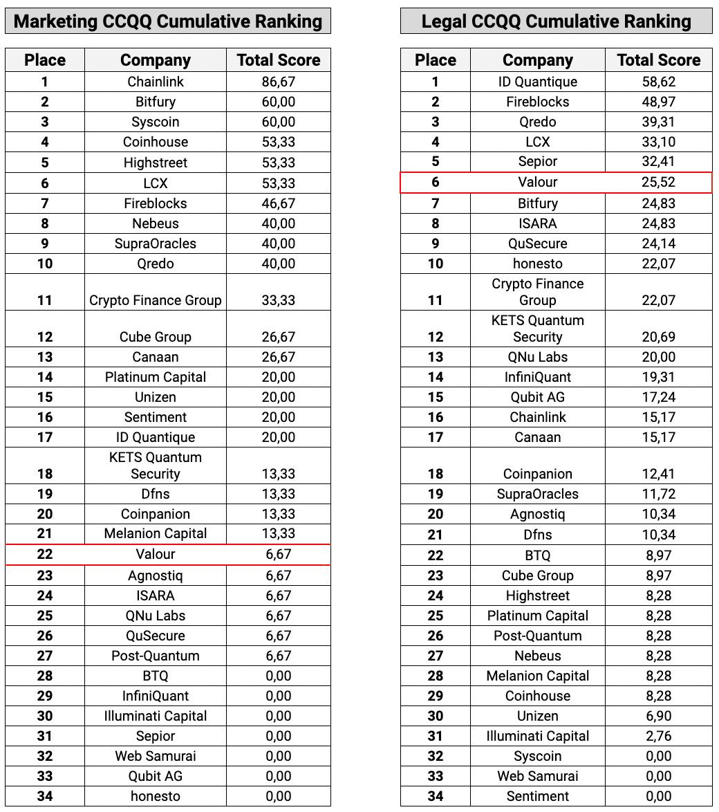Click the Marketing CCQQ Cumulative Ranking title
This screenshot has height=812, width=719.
click(x=168, y=21)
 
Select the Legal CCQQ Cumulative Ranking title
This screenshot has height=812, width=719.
click(x=556, y=21)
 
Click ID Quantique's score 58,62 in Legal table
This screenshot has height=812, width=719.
click(x=658, y=82)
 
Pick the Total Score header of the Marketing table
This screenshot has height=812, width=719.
click(x=279, y=60)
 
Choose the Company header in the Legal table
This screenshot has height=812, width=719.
click(x=537, y=60)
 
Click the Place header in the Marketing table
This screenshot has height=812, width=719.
click(x=45, y=60)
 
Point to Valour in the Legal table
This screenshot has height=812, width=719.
click(x=537, y=183)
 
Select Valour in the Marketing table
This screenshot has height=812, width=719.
click(x=156, y=555)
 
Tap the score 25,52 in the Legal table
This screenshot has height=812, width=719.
click(x=658, y=183)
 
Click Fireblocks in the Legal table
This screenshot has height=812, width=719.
click(x=537, y=102)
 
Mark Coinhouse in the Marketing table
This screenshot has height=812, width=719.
click(x=156, y=142)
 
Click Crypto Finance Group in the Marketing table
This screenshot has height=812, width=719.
click(x=156, y=300)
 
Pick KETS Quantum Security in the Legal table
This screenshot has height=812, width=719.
click(x=537, y=329)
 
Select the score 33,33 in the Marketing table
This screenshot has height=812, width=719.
click(x=279, y=300)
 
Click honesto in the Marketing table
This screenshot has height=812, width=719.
click(x=156, y=796)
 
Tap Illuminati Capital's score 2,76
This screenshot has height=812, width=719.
click(x=658, y=736)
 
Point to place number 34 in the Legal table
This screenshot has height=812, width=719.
click(x=435, y=796)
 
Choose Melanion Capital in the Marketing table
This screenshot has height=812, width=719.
click(x=156, y=533)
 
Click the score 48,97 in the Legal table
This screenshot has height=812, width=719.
click(x=658, y=102)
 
